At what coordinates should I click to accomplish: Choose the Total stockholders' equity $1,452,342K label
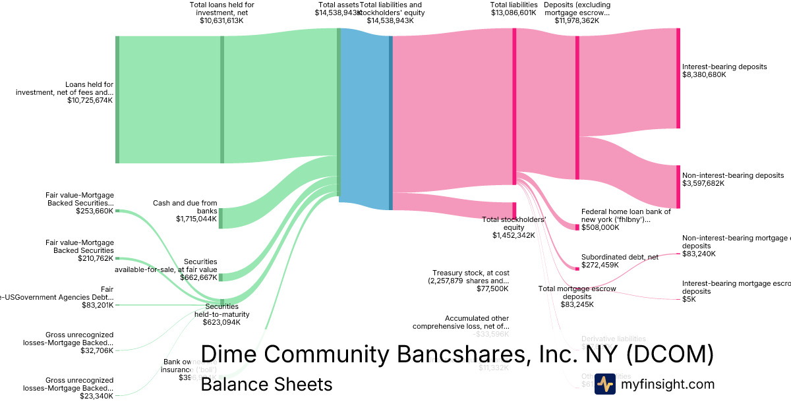[513, 227]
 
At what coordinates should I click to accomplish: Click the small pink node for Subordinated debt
[577, 268]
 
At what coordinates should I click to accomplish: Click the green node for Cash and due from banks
[221, 218]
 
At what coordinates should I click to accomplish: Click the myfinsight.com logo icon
[604, 384]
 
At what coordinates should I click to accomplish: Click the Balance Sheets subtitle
[266, 384]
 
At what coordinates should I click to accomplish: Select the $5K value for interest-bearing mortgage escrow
[689, 300]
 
